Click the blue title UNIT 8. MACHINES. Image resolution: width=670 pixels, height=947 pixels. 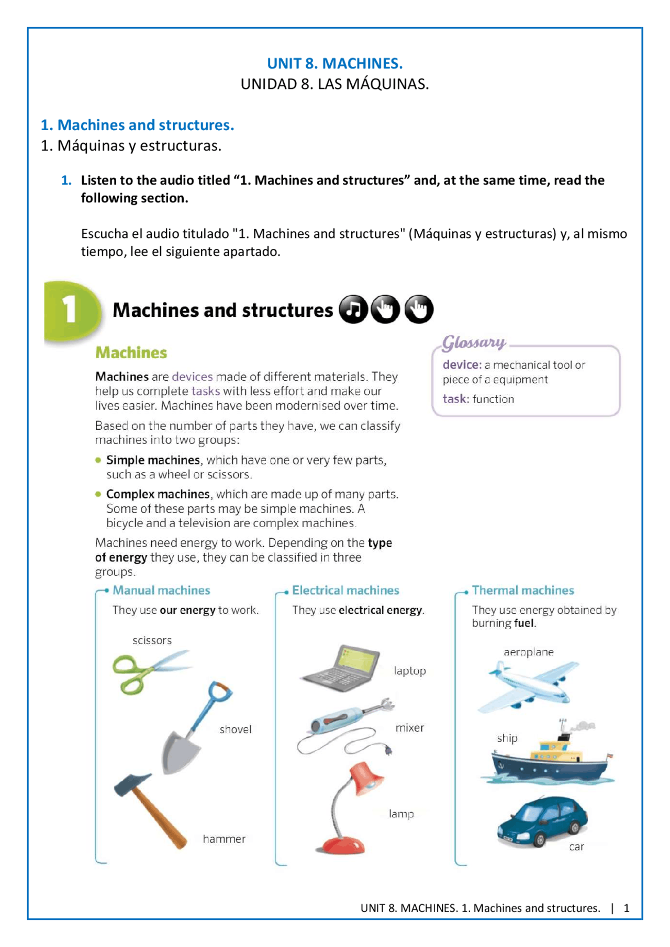(334, 63)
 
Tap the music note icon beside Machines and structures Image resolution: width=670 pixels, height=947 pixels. (353, 309)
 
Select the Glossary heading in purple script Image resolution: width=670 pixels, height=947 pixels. (474, 343)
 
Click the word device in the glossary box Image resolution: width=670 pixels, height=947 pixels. (461, 364)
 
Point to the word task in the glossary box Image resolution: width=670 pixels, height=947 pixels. (454, 398)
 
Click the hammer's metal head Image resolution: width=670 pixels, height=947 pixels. (131, 784)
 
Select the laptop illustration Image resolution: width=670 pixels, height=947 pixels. (343, 668)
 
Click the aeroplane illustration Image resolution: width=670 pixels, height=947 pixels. (529, 684)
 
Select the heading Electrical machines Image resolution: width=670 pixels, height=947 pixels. (345, 590)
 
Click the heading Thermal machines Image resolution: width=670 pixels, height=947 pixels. (522, 590)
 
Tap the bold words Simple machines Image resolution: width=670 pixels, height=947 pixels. (153, 460)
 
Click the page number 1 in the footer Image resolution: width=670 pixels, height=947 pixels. (626, 908)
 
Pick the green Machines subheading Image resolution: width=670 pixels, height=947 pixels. (131, 352)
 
